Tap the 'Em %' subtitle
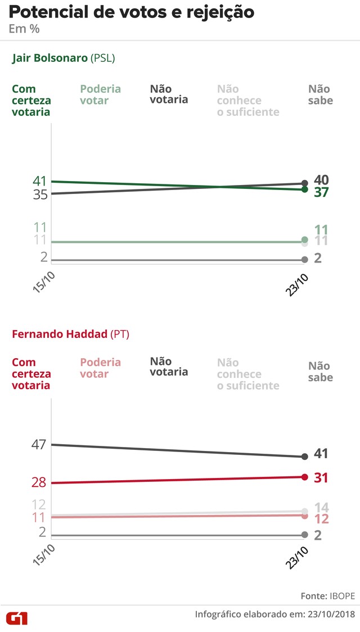[x=24, y=29]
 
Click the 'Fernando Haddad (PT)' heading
[x=70, y=334]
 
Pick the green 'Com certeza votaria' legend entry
[x=31, y=100]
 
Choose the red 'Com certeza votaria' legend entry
[x=31, y=374]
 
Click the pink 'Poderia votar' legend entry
[x=100, y=368]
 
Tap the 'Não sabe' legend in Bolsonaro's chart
[x=321, y=94]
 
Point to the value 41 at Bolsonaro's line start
[x=39, y=181]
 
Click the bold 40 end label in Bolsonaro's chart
[x=322, y=180]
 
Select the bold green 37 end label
[x=322, y=192]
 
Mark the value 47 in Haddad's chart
[x=39, y=444]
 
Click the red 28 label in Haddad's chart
[x=39, y=482]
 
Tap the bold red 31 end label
[x=322, y=478]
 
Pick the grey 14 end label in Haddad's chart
[x=322, y=506]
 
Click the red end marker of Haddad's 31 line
[x=305, y=477]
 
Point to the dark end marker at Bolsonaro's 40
[x=305, y=183]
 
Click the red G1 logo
[x=16, y=618]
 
